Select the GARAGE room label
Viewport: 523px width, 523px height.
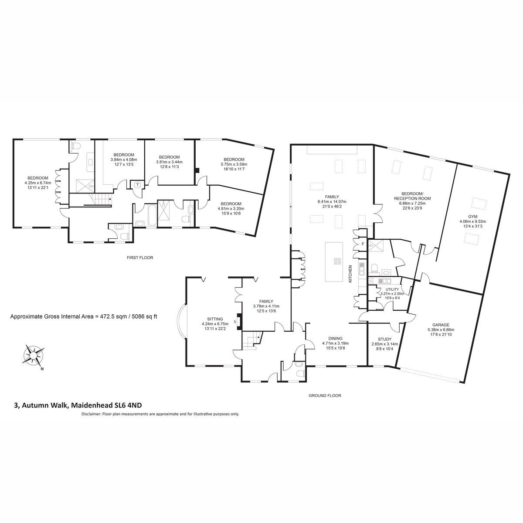(x=441, y=325)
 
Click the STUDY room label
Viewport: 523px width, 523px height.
(x=384, y=339)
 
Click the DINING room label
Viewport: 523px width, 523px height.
(x=335, y=339)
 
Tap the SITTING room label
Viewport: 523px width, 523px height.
(x=215, y=319)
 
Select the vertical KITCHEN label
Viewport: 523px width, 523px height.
(x=350, y=274)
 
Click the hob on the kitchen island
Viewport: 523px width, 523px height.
(x=338, y=261)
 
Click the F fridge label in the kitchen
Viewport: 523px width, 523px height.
(x=362, y=244)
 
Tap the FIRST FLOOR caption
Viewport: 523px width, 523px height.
(x=140, y=258)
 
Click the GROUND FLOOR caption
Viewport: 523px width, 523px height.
(x=325, y=395)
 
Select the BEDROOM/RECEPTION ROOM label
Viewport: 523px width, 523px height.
(x=412, y=196)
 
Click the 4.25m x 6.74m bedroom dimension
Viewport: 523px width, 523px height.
(x=38, y=183)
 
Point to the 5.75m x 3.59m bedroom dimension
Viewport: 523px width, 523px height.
(x=234, y=164)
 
